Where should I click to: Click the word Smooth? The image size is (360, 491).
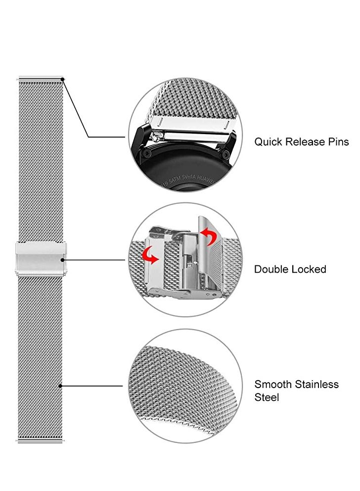point(273,385)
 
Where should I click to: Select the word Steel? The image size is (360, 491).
point(267,397)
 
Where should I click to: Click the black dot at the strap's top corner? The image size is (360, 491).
point(62,79)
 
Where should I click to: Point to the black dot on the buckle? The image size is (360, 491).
point(62,259)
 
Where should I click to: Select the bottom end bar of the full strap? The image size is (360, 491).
point(41,440)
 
